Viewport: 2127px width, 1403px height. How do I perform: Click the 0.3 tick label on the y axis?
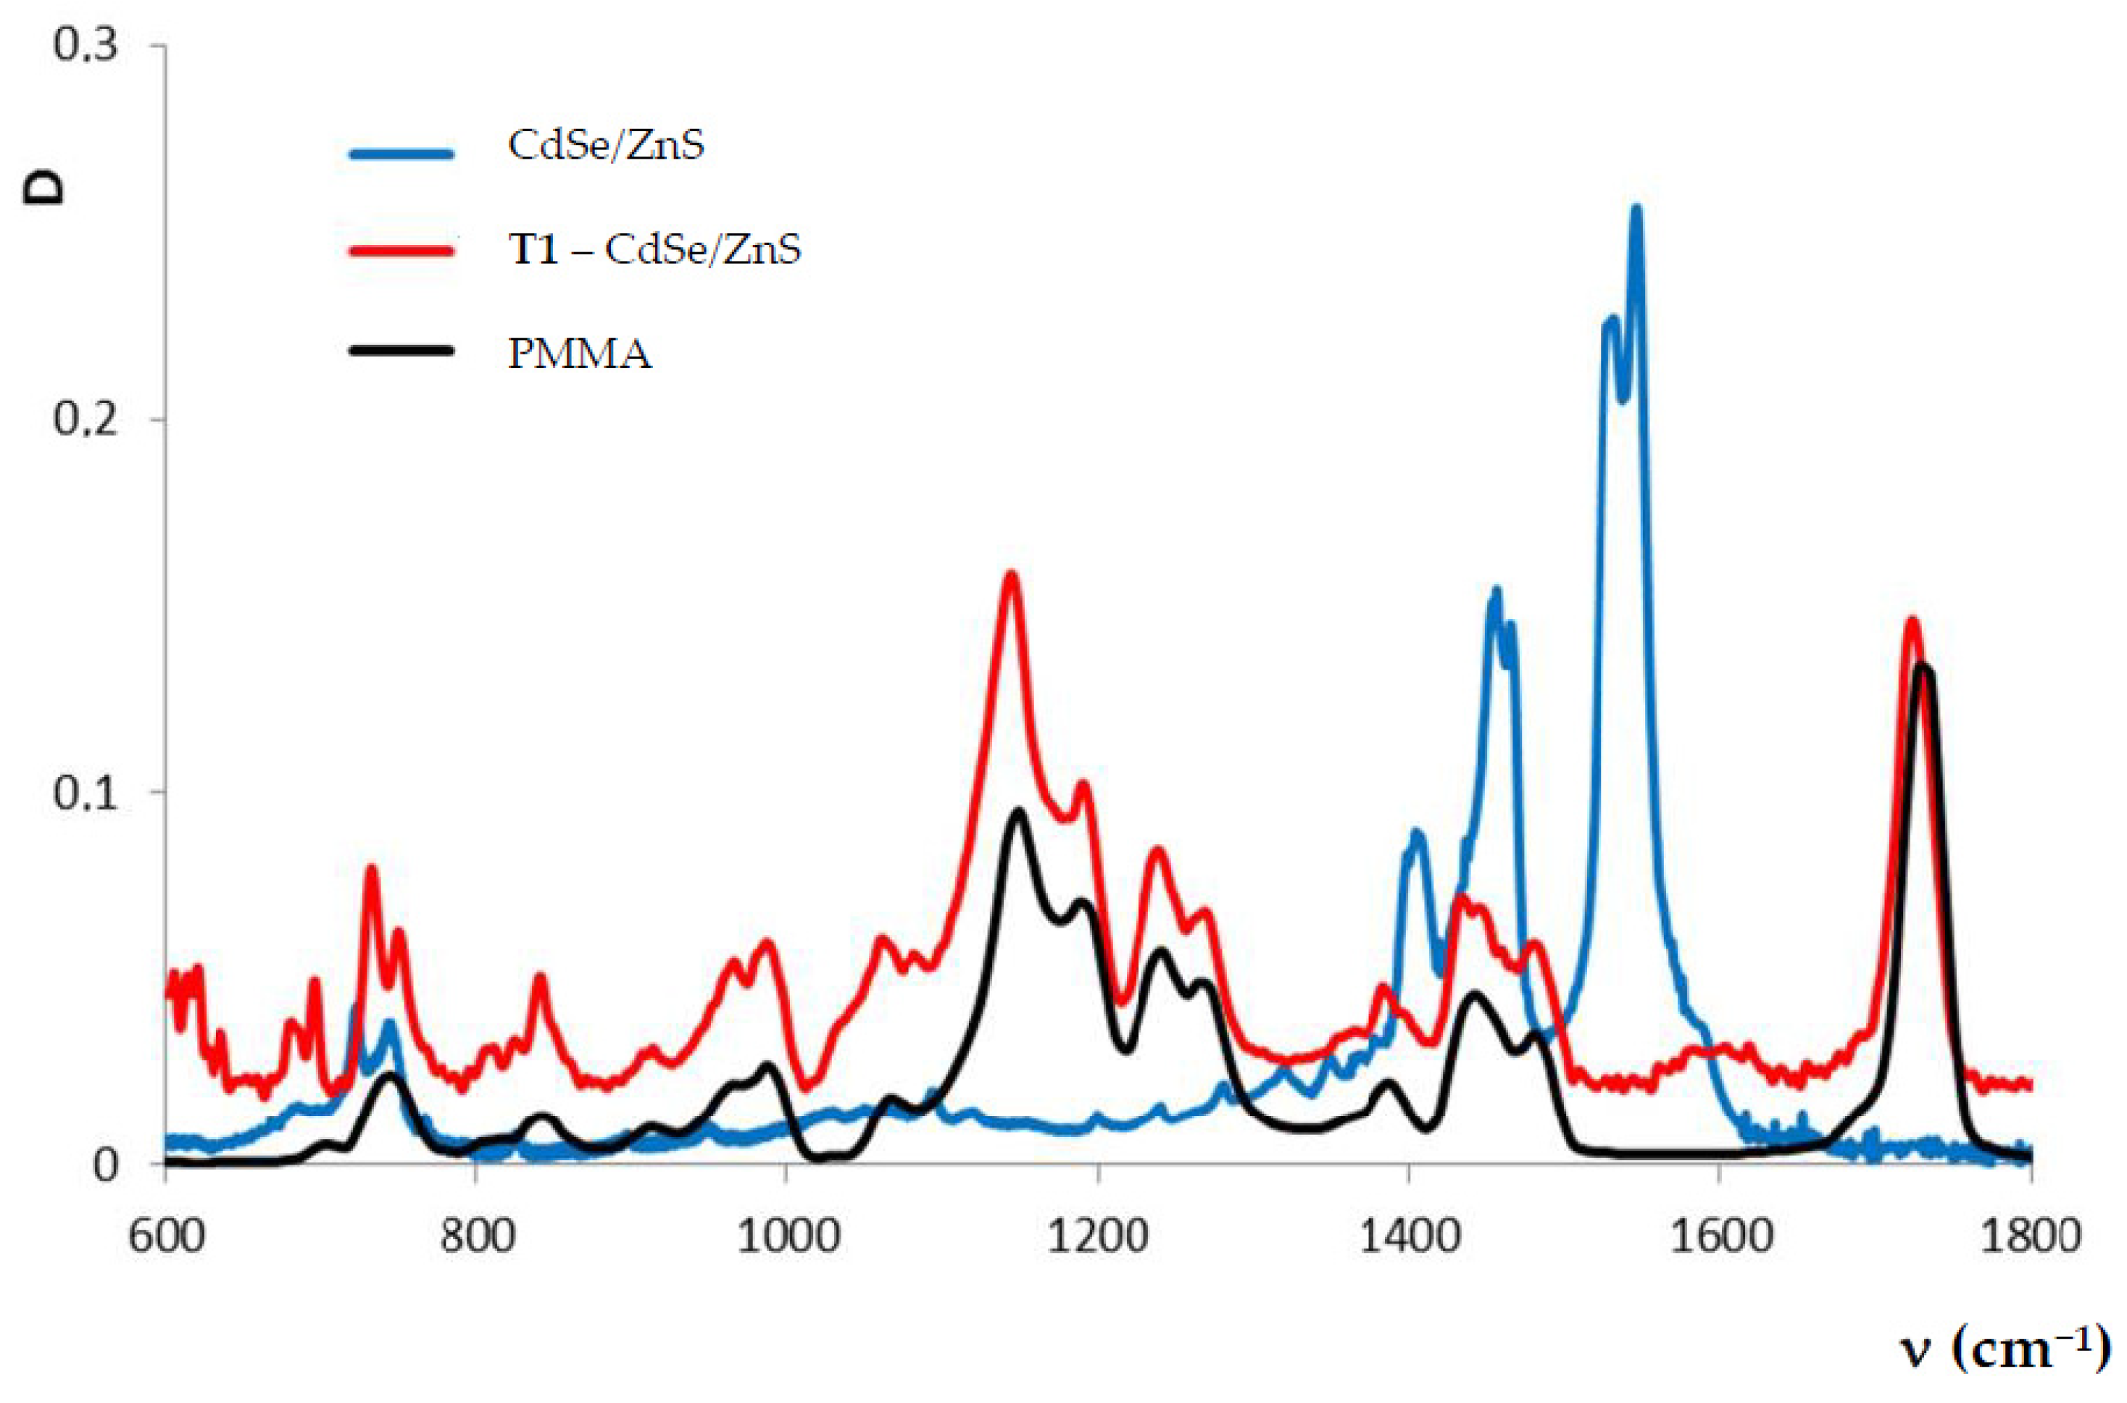click(x=85, y=45)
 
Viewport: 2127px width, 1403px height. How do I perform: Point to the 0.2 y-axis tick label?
click(x=85, y=419)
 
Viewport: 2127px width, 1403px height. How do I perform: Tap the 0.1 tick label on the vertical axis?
click(x=85, y=793)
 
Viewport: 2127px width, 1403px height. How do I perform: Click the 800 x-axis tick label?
click(x=477, y=1236)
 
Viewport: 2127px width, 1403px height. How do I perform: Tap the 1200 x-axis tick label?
click(x=1098, y=1236)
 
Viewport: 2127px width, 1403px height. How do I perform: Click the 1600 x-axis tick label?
click(x=1720, y=1236)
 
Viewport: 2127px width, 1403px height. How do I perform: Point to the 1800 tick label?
click(x=2029, y=1236)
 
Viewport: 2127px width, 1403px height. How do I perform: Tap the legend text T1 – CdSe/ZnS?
click(x=654, y=249)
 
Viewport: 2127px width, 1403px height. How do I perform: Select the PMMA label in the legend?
click(x=580, y=354)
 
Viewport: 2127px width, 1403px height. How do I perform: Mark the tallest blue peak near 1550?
click(x=1636, y=209)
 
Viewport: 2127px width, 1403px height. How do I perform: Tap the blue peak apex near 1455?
click(x=1494, y=591)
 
